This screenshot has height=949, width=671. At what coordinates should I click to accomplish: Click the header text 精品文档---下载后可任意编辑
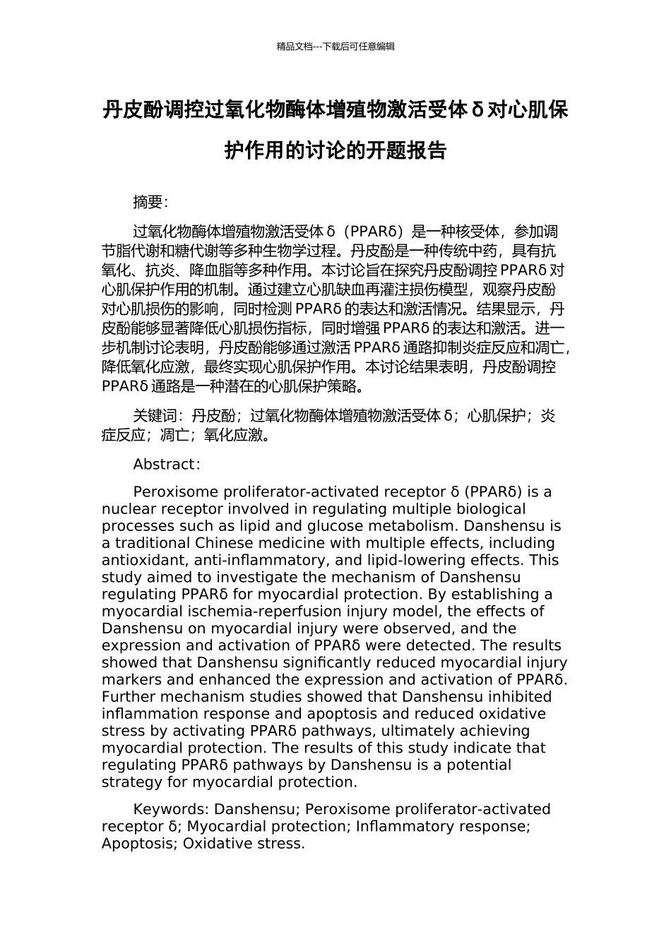click(x=335, y=47)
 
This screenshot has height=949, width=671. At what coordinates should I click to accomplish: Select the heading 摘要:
click(x=150, y=202)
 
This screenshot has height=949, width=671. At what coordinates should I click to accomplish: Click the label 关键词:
click(x=159, y=416)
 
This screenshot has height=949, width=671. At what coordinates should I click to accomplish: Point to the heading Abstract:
click(x=167, y=464)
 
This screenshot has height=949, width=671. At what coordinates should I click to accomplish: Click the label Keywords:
click(x=171, y=809)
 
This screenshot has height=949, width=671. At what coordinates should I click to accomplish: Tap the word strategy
click(x=131, y=782)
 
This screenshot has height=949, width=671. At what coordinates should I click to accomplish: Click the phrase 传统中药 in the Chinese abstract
click(x=456, y=251)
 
